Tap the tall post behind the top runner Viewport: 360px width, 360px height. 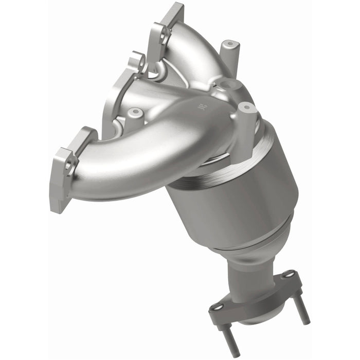tap(229, 51)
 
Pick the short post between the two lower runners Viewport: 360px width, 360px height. tap(135, 116)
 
